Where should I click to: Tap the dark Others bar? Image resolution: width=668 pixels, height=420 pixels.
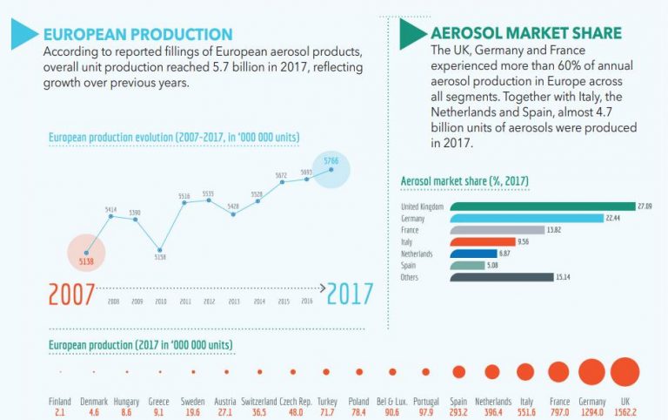501,277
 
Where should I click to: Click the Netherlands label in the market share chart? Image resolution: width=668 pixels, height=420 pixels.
417,254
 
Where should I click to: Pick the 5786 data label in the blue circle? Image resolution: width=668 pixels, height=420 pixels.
331,162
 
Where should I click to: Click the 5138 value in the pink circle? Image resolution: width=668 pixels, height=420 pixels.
85,260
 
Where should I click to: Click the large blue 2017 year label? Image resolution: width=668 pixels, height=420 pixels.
350,294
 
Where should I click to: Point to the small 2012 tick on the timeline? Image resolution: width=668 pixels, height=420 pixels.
209,301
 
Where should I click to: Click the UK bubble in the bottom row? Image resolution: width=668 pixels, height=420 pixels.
625,372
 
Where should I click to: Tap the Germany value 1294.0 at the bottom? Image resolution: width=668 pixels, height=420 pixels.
591,410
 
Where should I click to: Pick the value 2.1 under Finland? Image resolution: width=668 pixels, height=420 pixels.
60,410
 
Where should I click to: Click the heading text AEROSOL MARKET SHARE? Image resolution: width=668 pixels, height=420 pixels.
526,34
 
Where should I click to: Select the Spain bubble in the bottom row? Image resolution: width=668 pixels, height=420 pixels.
458,372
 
